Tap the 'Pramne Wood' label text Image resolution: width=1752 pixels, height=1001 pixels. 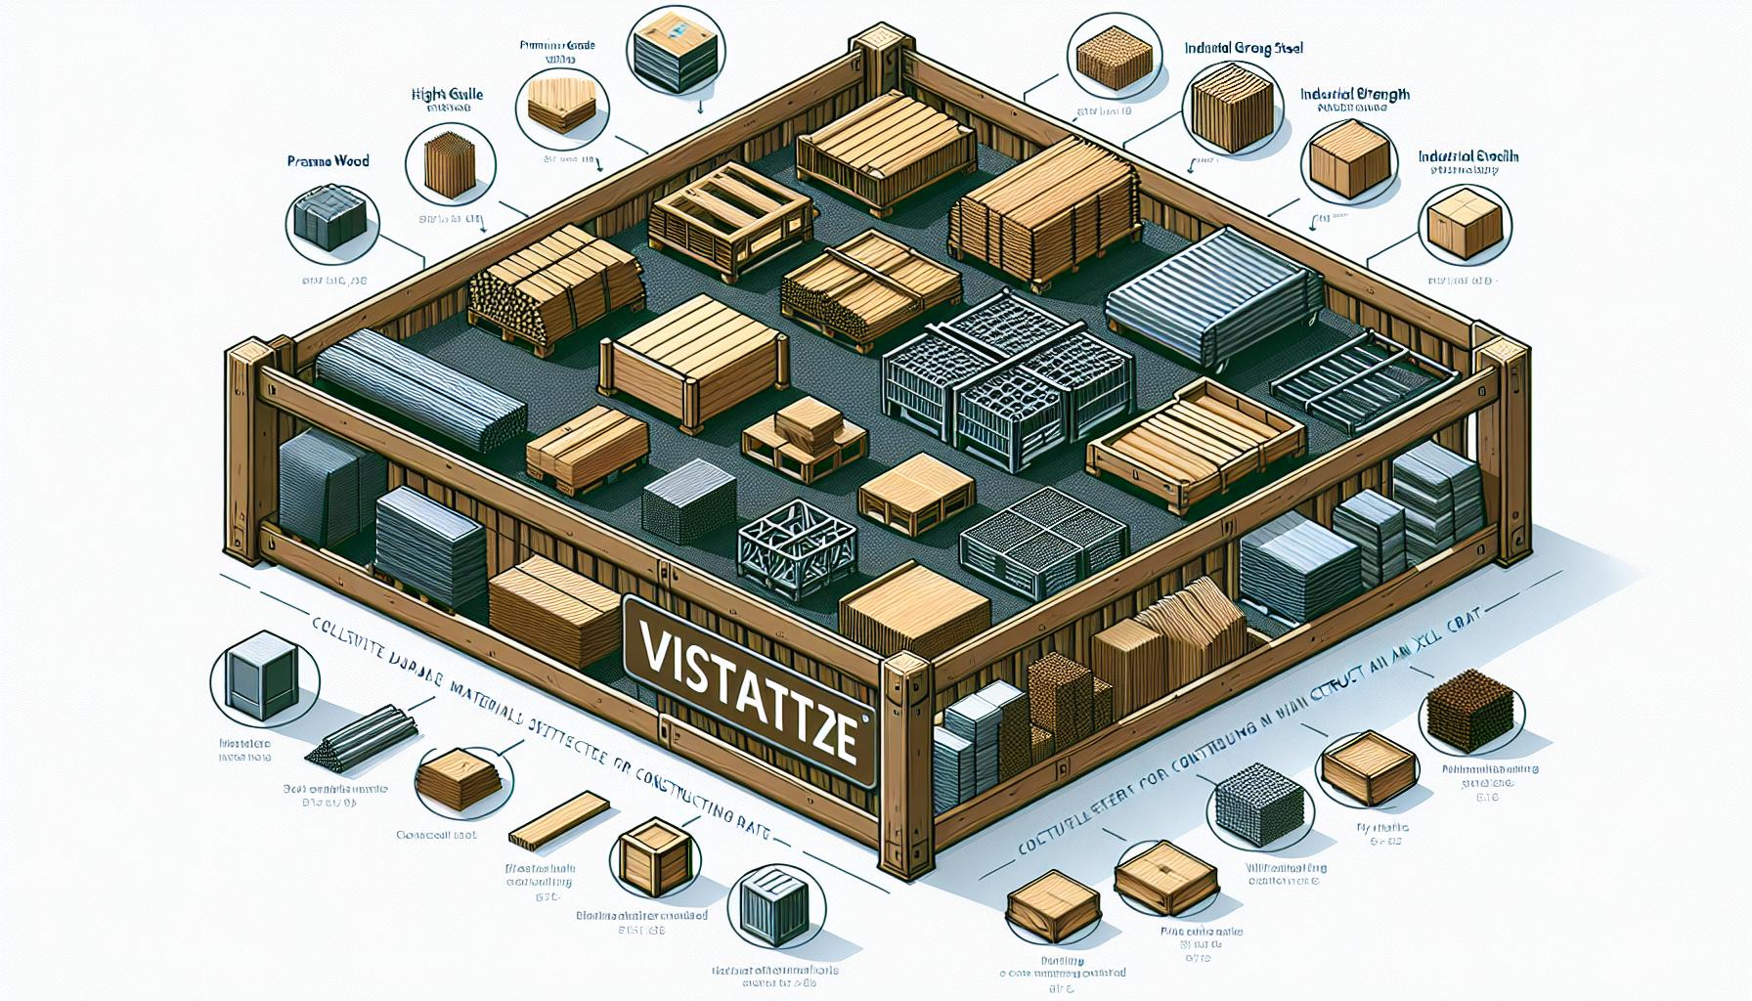pyautogui.click(x=328, y=160)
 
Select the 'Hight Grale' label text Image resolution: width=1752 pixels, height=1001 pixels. pyautogui.click(x=447, y=95)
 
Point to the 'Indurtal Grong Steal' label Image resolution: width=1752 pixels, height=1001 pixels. pyautogui.click(x=1243, y=47)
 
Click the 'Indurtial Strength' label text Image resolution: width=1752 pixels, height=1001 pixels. pyautogui.click(x=1354, y=95)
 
